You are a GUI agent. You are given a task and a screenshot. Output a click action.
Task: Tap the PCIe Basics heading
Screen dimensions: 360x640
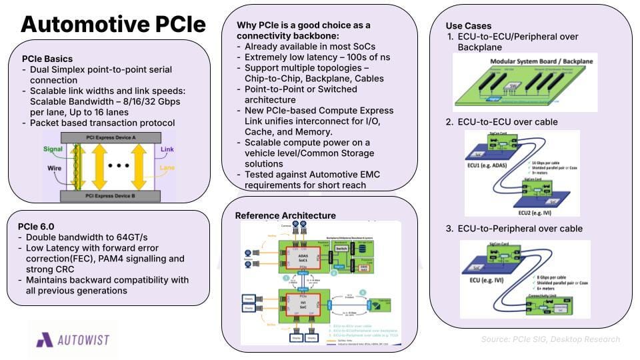tap(48, 59)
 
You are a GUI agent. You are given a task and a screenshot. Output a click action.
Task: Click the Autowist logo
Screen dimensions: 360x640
tap(72, 340)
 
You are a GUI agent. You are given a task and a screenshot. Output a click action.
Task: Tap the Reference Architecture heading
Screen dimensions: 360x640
tap(285, 215)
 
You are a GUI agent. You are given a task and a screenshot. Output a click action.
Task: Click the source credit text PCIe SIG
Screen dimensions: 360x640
tap(551, 339)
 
